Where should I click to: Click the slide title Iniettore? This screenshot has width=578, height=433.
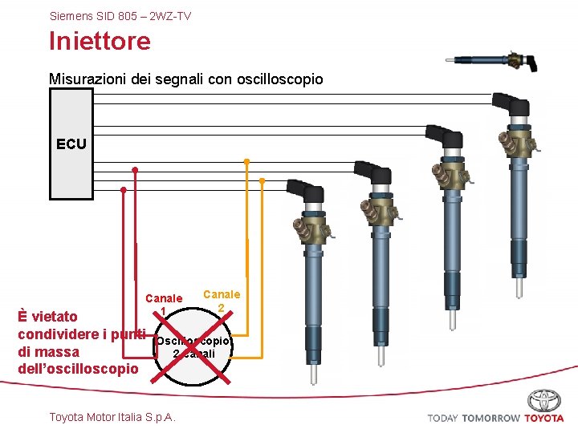[x=100, y=41]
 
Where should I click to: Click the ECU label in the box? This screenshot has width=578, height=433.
[x=71, y=144]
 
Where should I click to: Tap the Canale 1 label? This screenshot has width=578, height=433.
[x=163, y=305]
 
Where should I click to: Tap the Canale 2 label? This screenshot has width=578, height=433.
[x=222, y=301]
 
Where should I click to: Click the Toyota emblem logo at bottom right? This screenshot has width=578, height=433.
[x=545, y=401]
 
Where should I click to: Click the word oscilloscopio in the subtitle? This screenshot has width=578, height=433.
[x=278, y=79]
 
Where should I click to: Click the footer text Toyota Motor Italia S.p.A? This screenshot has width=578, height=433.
[x=112, y=417]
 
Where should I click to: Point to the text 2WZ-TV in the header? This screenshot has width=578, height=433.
[x=170, y=16]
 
